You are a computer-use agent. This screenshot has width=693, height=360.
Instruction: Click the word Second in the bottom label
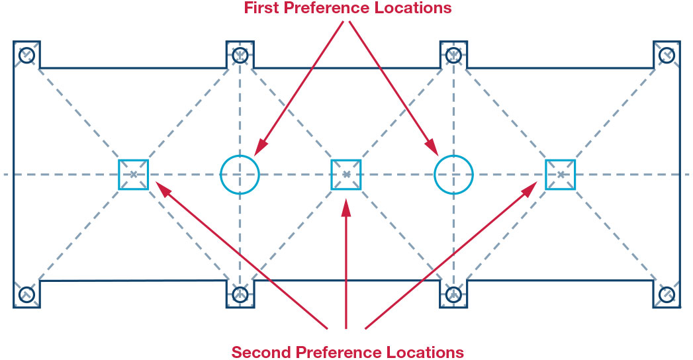click(x=261, y=353)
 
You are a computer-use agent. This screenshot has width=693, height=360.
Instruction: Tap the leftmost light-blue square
click(x=119, y=175)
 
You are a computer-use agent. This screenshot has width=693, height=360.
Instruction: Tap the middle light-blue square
click(x=332, y=175)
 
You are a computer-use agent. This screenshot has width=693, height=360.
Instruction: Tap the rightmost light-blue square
click(x=546, y=175)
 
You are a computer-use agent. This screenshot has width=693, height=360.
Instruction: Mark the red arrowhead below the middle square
click(x=346, y=208)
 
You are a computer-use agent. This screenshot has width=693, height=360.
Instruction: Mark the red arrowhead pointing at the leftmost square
click(x=163, y=191)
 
